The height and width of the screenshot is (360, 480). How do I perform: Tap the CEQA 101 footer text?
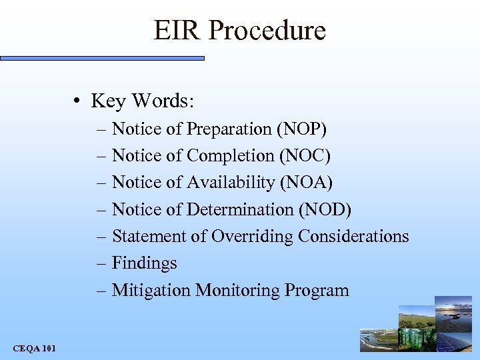click(34, 348)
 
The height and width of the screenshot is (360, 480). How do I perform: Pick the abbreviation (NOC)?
click(305, 155)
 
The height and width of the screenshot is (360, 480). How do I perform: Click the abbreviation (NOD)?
click(325, 209)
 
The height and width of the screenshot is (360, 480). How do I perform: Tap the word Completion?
click(231, 155)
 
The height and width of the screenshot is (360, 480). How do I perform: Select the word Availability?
click(232, 182)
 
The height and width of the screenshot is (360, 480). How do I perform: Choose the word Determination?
click(240, 209)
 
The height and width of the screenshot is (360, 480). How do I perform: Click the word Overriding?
click(253, 237)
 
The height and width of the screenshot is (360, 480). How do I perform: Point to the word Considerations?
click(353, 237)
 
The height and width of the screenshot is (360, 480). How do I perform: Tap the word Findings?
click(145, 264)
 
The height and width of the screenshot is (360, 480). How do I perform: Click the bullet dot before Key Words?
click(78, 102)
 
